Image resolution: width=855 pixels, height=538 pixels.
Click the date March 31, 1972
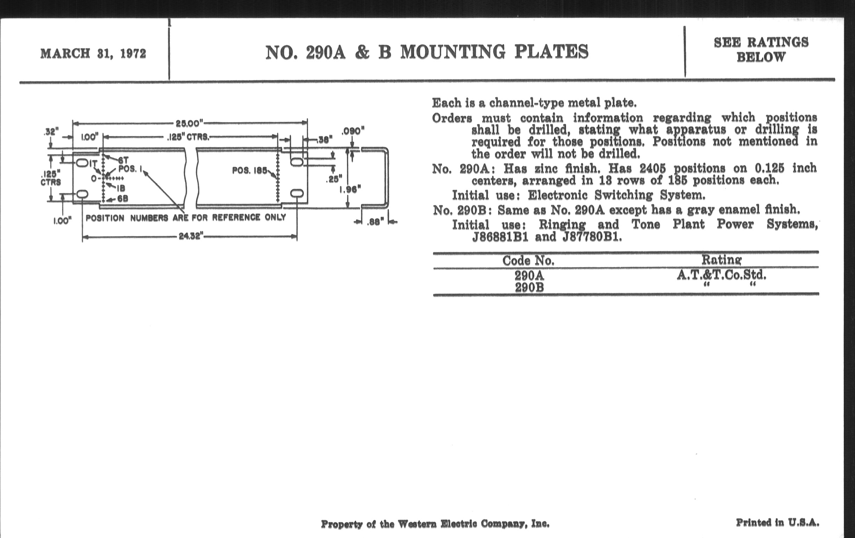point(93,53)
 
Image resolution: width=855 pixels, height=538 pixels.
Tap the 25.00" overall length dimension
point(189,123)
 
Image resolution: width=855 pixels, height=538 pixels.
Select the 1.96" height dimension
point(350,189)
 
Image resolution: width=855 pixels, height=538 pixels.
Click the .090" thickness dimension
point(353,132)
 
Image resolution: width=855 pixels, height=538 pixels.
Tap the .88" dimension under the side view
point(376,222)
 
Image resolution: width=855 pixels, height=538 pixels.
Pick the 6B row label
point(122,199)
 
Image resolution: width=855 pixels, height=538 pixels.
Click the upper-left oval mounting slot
point(82,163)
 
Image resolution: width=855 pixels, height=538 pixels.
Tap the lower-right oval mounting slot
point(297,193)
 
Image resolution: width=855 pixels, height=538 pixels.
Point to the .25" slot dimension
point(334,179)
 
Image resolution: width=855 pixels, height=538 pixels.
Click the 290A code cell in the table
point(529,276)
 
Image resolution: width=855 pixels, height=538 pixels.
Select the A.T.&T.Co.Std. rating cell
point(721,275)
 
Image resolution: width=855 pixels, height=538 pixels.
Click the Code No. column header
point(528,261)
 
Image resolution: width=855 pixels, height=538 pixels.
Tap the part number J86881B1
point(500,237)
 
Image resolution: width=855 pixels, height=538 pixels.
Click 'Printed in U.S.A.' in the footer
point(777,523)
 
